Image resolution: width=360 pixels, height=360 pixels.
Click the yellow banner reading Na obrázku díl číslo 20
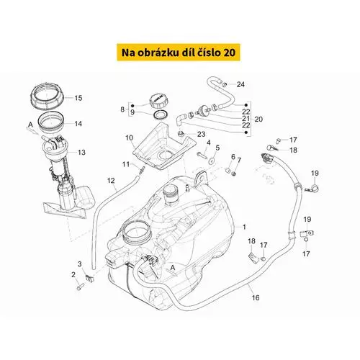pos(179,53)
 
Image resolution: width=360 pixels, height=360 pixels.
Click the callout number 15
pos(78,98)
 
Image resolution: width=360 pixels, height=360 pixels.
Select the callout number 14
pos(78,124)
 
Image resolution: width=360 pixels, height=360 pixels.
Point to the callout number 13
pos(81,152)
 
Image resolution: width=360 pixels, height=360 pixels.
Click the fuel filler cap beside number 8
pos(158,101)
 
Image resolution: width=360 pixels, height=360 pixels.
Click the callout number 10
pos(129,138)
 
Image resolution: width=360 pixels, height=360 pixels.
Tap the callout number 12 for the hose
pos(111,181)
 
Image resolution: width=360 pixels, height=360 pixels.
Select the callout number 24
pos(240,84)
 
